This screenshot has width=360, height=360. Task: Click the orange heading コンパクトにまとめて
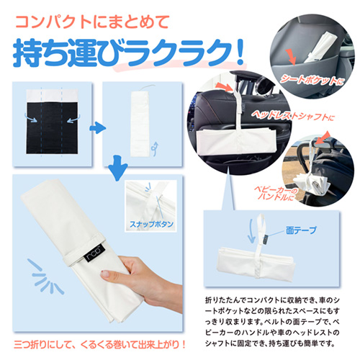click(92, 22)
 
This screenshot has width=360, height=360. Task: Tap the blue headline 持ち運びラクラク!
click(128, 52)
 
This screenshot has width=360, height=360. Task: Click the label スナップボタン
click(151, 224)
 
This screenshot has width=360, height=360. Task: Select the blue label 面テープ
click(301, 230)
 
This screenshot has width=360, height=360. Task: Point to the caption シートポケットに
click(312, 80)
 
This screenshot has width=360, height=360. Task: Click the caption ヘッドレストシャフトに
click(293, 116)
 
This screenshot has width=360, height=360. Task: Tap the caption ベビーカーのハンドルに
click(276, 194)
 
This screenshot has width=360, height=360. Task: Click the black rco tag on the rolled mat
click(95, 253)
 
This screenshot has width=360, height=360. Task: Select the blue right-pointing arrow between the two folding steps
click(97, 127)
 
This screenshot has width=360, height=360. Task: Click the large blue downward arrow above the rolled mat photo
click(117, 168)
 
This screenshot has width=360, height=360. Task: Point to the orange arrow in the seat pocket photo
click(291, 57)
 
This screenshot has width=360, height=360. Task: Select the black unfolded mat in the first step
click(52, 128)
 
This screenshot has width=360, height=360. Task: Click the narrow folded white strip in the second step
click(140, 124)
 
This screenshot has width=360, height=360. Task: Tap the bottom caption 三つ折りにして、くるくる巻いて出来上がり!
click(99, 345)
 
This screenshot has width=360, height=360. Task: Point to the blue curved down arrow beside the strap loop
click(251, 231)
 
